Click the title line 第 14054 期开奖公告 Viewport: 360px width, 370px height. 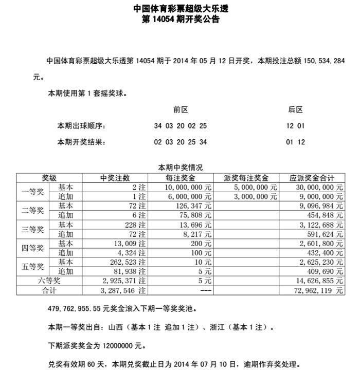point(180,20)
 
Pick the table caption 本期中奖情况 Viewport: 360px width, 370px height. point(180,168)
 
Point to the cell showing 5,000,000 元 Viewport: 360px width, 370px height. point(252,188)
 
